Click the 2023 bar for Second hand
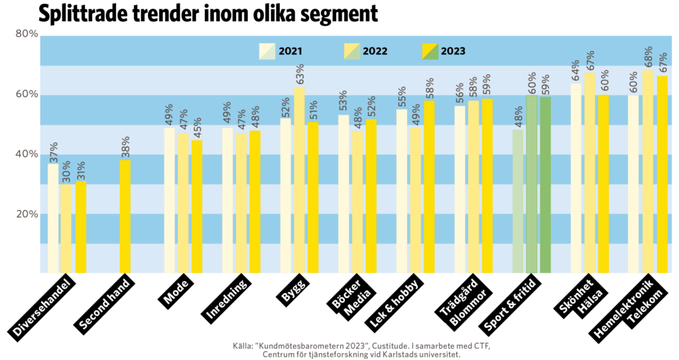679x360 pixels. coord(125,216)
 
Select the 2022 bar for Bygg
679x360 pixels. coord(300,180)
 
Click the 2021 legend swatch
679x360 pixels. coord(267,51)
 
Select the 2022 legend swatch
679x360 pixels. coord(351,51)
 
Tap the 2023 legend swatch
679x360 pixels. coord(430,51)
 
